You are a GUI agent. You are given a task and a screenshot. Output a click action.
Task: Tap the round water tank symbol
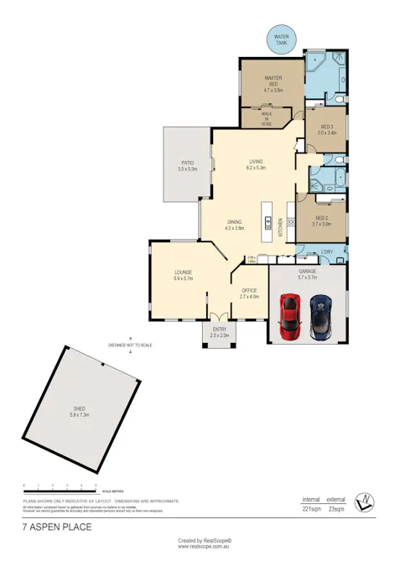coord(279,38)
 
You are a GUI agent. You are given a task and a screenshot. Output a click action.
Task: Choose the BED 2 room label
coord(322,221)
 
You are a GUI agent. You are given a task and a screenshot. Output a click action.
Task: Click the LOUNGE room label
coord(184,275)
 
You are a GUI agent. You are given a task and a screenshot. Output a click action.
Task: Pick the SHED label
coord(80,411)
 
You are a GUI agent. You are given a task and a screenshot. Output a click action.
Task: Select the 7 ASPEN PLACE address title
coord(56,528)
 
